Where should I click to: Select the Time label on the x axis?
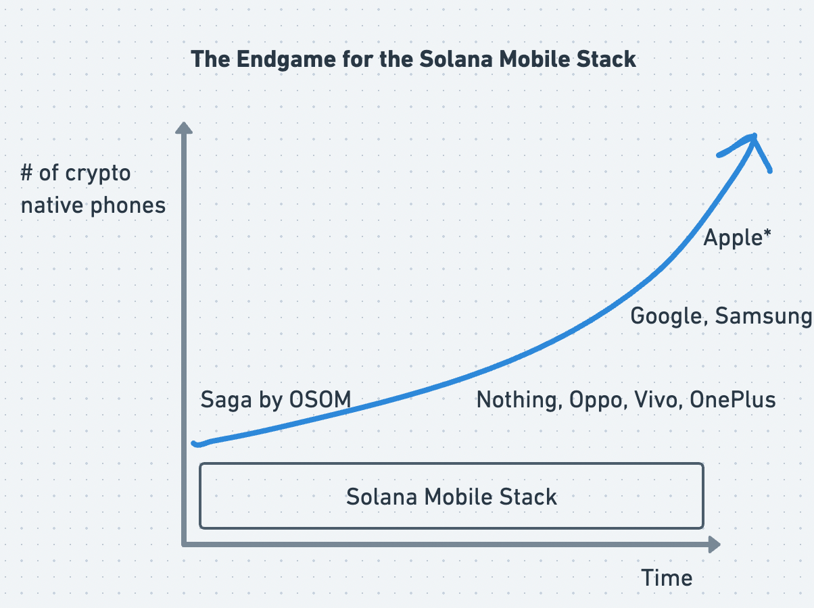click(667, 578)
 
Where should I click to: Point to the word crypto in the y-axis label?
click(98, 174)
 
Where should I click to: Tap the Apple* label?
click(737, 238)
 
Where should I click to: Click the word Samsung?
click(764, 316)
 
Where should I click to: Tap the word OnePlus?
click(732, 400)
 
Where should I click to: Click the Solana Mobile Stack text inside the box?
click(451, 497)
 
